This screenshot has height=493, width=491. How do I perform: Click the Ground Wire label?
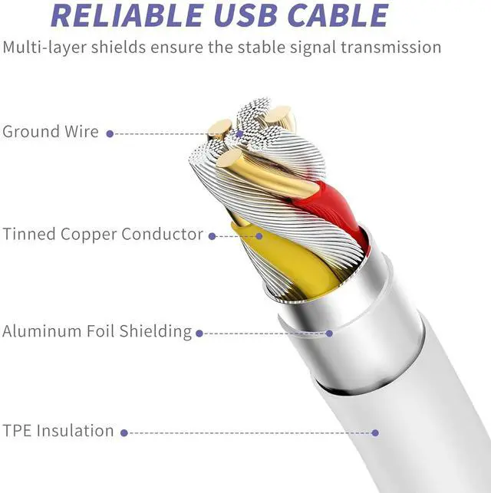51,132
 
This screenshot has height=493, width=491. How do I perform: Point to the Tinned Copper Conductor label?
103,235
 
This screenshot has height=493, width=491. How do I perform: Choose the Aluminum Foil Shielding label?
97,332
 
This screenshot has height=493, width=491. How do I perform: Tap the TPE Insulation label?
58,431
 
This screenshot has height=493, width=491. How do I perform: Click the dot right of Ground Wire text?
110,133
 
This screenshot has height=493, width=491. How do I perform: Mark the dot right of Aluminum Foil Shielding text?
199,334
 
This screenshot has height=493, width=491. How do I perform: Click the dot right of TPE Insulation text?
125,432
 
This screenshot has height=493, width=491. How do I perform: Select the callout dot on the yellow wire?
259,236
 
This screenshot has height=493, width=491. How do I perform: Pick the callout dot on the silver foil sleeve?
330,334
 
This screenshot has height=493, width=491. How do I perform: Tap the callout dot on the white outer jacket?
375,432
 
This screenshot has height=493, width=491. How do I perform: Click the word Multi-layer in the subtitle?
41,48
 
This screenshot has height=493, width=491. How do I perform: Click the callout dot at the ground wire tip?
239,133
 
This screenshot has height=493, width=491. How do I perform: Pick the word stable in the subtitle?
258,48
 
